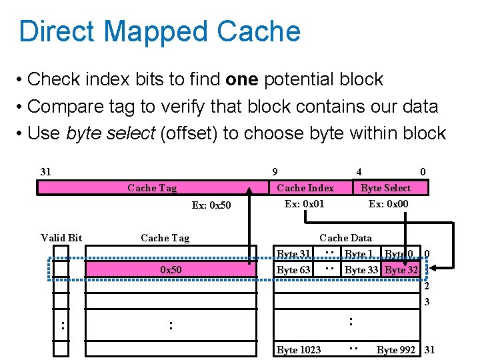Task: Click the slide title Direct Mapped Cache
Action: tap(160, 31)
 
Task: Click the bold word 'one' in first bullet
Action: tap(243, 79)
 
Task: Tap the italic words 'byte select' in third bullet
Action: tap(111, 133)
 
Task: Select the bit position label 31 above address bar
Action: tap(45, 172)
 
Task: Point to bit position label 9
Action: tap(275, 172)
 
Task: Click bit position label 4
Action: tap(359, 172)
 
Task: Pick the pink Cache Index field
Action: tap(305, 188)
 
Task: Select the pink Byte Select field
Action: tap(385, 188)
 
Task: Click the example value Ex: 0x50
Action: tap(211, 205)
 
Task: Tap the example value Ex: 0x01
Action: tap(304, 203)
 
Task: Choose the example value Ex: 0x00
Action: tap(388, 203)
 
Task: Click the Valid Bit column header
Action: tap(61, 237)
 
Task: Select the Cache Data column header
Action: tap(345, 237)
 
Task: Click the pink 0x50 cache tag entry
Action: tap(171, 270)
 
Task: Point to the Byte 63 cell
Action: tap(293, 270)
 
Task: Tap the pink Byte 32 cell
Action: tap(401, 270)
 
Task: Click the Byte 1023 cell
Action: tap(299, 350)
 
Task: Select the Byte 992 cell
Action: tap(397, 350)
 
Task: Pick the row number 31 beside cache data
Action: tap(429, 350)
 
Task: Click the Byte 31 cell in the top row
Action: tap(293, 254)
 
